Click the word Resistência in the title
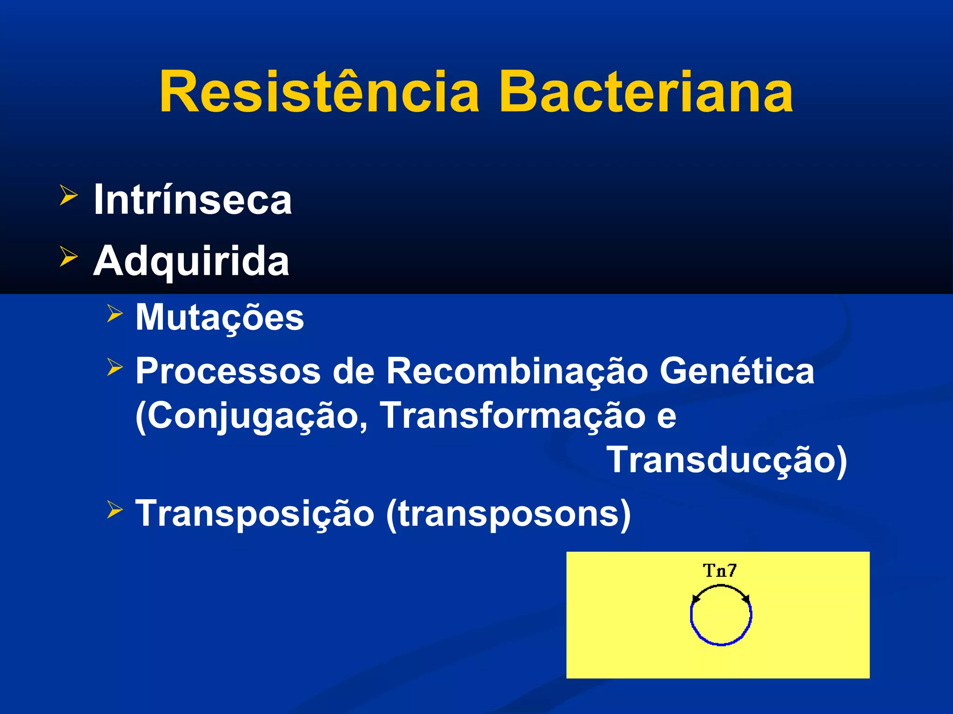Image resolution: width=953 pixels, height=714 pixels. [319, 92]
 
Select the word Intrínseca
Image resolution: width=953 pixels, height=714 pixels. [193, 200]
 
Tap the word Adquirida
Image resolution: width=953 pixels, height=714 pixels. [191, 261]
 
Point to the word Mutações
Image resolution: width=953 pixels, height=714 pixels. [220, 317]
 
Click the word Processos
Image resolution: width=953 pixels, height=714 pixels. [228, 371]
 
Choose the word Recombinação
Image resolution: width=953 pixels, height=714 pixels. [517, 371]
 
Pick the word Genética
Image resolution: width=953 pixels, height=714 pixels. [737, 371]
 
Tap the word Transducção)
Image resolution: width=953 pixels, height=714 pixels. [727, 460]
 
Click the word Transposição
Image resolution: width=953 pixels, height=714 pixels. [255, 514]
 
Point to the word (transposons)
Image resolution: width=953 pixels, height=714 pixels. [508, 514]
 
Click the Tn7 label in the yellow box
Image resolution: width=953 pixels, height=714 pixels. [719, 570]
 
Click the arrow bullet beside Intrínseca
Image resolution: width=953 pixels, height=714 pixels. [68, 196]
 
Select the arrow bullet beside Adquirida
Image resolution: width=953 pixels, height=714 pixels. [68, 257]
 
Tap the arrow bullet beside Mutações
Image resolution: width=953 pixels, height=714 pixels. [114, 314]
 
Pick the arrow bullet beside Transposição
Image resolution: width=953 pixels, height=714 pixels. [114, 509]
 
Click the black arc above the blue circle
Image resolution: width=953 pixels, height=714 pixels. [720, 587]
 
